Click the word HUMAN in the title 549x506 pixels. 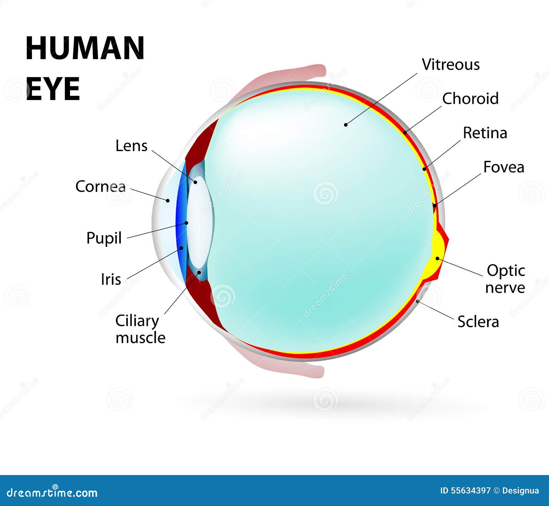tap(85, 48)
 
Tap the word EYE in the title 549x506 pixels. tap(53, 89)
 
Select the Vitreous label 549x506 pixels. tap(451, 65)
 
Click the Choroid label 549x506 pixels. tap(470, 99)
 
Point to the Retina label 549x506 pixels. tap(485, 133)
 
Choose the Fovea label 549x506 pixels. tap(503, 167)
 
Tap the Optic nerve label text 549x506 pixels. tap(505, 279)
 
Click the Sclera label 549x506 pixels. tap(478, 322)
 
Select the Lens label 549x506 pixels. tap(131, 146)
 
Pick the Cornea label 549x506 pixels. tap(101, 187)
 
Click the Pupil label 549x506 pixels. tap(104, 238)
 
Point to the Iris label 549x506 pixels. tap(111, 279)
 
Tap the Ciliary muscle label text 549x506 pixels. tap(140, 329)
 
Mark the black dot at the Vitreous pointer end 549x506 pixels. tap(346, 125)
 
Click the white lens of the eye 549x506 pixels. tap(200, 220)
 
